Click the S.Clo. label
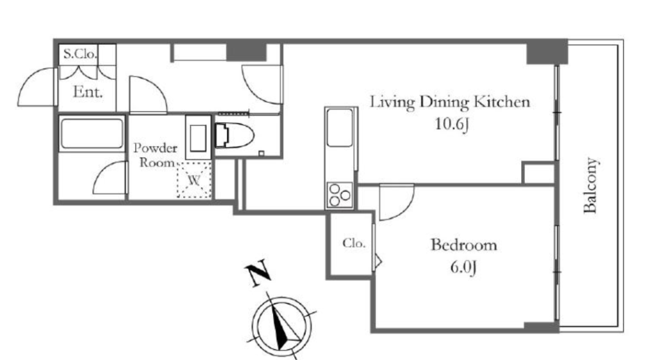coord(80,54)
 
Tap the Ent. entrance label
coord(88,92)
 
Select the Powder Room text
coord(156,155)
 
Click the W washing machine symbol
coord(194,181)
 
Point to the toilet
coord(234,136)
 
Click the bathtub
coord(92,134)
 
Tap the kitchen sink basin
coord(340,128)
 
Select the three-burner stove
coord(339,195)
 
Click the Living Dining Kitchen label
coord(450,102)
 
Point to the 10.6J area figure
coord(452,124)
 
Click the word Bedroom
coord(464,245)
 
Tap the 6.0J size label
coord(463,267)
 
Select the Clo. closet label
coord(353,243)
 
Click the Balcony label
coord(590,185)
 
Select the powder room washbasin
coord(198,137)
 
